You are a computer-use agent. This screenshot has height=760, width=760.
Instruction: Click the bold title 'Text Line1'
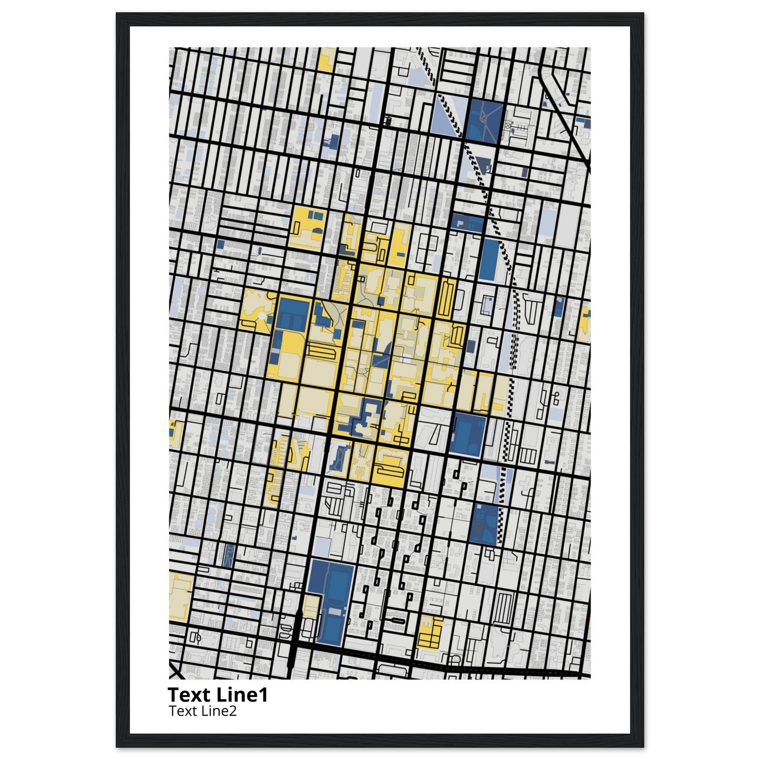point(217,694)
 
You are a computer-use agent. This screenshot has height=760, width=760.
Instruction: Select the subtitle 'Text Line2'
point(202,711)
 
